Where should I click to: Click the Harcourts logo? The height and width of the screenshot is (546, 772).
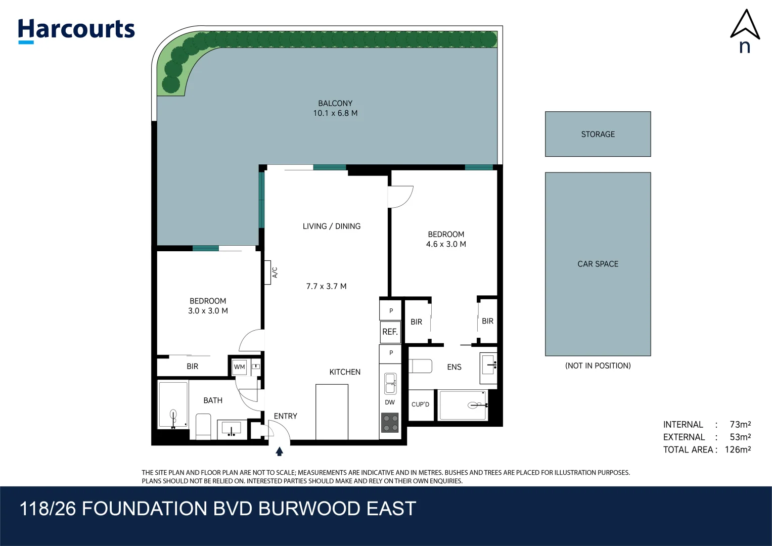coord(76,30)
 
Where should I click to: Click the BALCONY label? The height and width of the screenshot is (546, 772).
coord(335,103)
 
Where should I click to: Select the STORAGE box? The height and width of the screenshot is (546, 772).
coord(598,134)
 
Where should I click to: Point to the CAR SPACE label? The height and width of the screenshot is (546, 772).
coord(598,264)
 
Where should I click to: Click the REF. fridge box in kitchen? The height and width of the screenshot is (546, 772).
coord(390,332)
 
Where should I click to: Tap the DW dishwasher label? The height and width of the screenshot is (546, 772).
coord(390,402)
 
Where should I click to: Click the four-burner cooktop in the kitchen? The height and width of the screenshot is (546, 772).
coord(390,423)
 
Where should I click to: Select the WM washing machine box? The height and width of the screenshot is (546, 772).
coord(240,367)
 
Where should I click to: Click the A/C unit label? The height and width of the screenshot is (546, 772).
coord(275,272)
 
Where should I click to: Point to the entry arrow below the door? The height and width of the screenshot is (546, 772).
coord(279,451)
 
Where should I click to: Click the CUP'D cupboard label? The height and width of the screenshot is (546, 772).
coord(420,404)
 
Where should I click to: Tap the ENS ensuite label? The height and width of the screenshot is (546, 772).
coord(454,367)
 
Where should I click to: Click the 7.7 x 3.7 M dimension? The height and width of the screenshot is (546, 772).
coord(326,286)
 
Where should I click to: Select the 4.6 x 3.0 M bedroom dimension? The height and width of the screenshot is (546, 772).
coord(446,244)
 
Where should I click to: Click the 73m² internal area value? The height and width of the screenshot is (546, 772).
coord(740,425)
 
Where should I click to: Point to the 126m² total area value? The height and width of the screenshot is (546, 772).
coord(738,449)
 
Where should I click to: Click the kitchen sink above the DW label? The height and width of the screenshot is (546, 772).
coord(390,384)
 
